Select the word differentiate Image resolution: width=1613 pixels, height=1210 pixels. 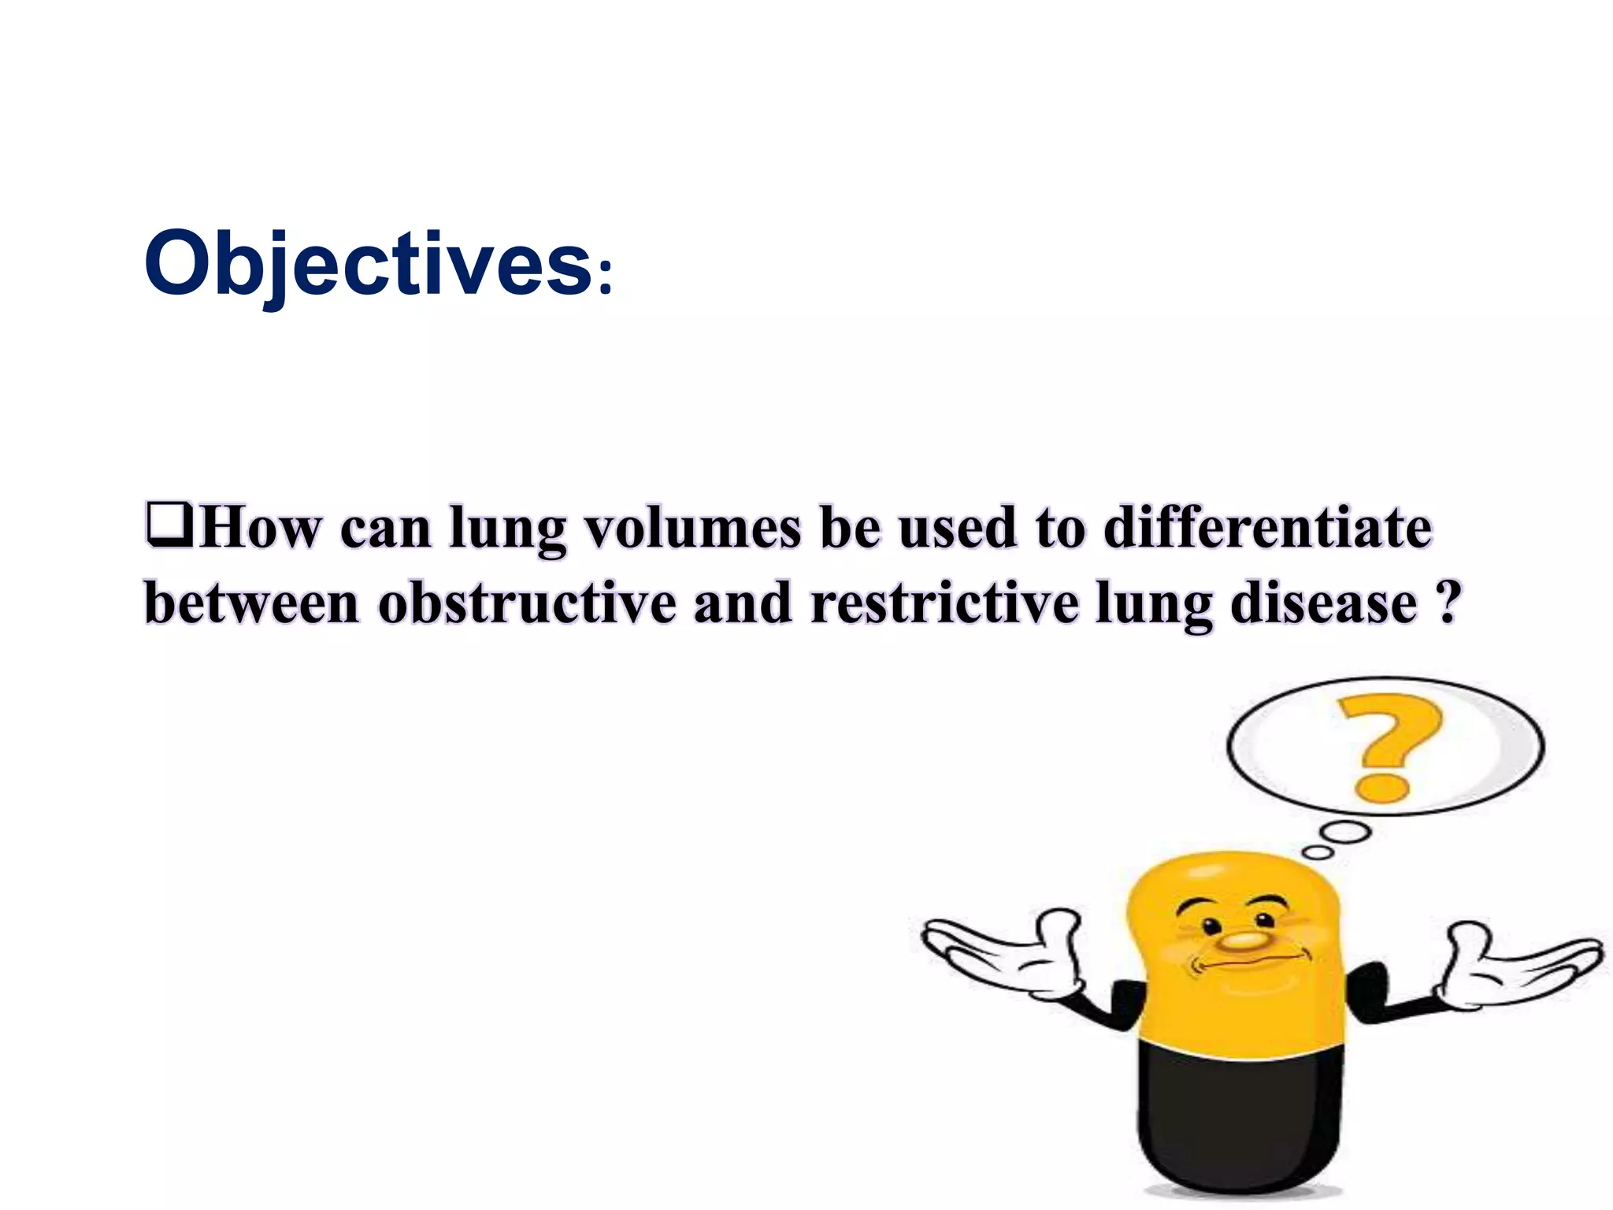pos(1267,527)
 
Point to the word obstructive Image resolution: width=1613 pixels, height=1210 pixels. pos(527,603)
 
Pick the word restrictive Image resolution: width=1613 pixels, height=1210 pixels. pos(944,603)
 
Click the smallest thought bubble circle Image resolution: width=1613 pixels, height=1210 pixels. pos(1318,852)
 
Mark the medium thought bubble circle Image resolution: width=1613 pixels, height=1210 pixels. pos(1346,832)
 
